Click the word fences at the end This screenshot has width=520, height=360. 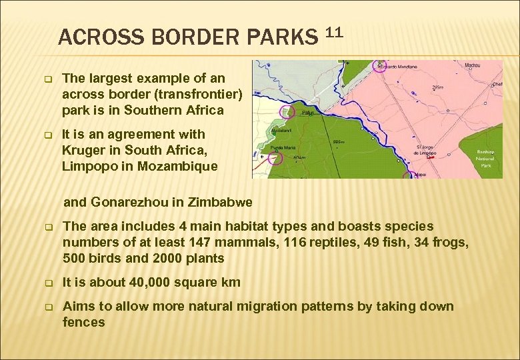click(83, 323)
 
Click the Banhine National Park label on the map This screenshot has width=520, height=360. click(485, 159)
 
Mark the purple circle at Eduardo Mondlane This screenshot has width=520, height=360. click(381, 65)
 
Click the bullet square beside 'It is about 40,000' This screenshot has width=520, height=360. click(48, 283)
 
